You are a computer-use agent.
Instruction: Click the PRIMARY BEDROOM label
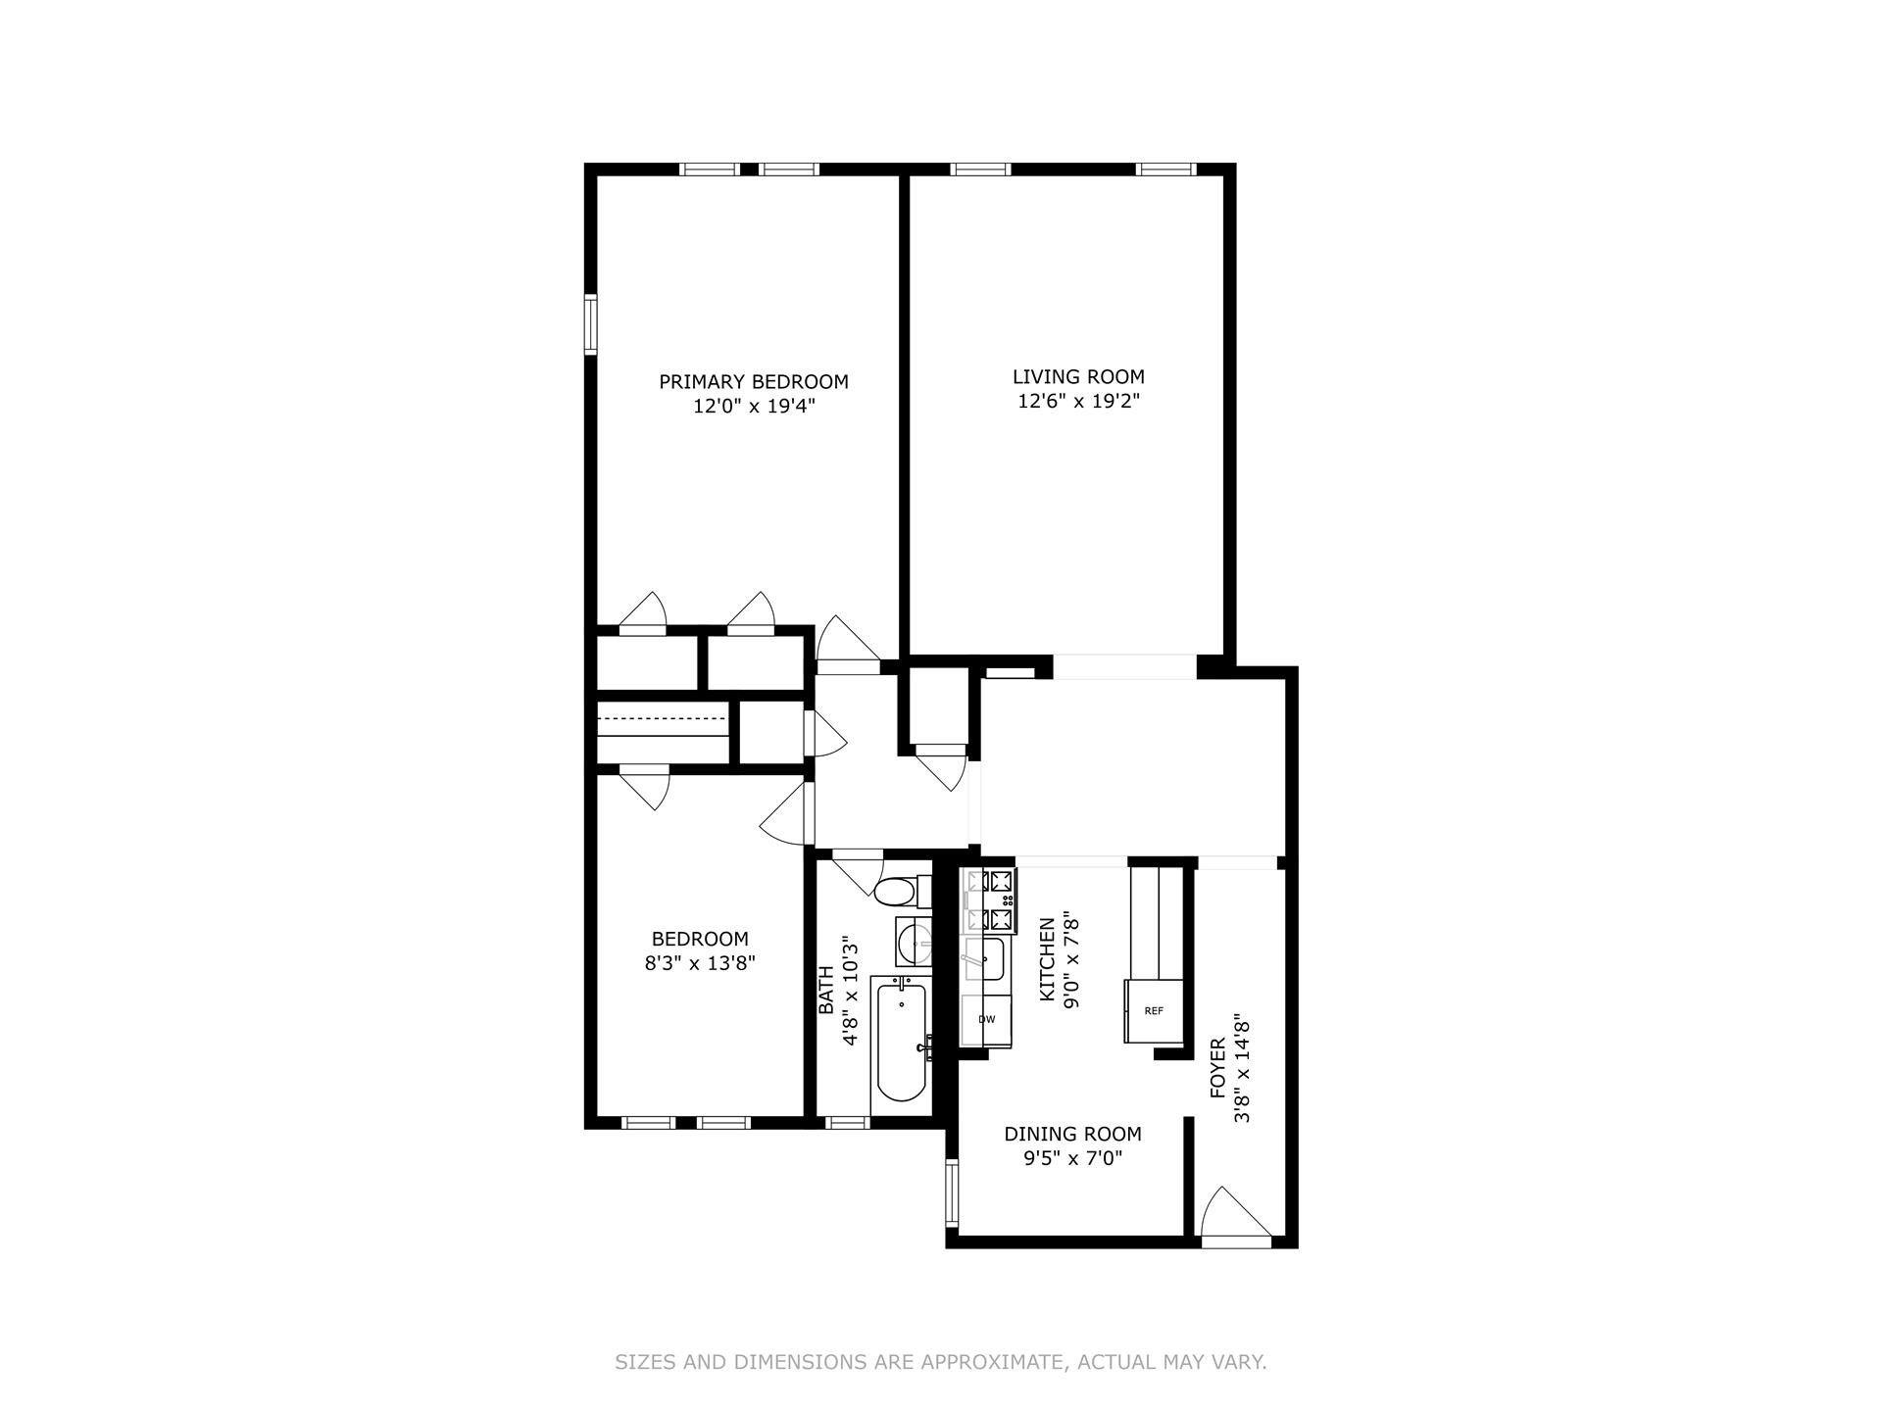pos(753,382)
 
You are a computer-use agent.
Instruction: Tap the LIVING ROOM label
pos(1078,376)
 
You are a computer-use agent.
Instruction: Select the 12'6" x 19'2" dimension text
pos(1078,402)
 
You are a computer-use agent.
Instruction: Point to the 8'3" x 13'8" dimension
pos(700,963)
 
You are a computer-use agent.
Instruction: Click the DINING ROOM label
pos(1072,1134)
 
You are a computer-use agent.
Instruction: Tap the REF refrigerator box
pos(1154,1010)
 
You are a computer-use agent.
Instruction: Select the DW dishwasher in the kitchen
pos(986,1020)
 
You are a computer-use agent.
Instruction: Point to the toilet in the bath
pos(895,893)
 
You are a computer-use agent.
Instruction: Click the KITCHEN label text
pos(1048,959)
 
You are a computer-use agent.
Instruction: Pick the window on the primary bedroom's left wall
pos(591,324)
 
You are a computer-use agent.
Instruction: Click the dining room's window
pos(951,1192)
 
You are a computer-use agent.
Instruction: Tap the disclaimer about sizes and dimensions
pos(940,1362)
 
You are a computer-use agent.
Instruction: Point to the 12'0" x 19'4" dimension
pos(754,407)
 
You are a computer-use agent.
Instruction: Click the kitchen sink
pos(984,958)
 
